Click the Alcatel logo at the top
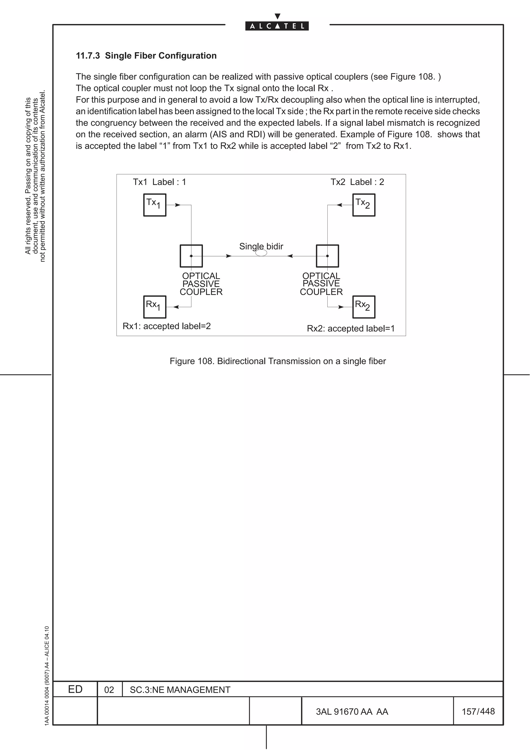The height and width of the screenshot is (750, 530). (277, 26)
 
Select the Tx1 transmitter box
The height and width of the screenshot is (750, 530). (155, 205)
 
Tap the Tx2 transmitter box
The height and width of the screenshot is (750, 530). (364, 205)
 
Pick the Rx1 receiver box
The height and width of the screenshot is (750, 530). (155, 307)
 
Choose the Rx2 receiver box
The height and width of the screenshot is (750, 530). (364, 307)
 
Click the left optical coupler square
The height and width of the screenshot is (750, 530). (191, 256)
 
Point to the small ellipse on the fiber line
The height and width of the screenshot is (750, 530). (261, 253)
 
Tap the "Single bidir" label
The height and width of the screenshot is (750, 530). (261, 246)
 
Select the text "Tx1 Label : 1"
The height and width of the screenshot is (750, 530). (159, 182)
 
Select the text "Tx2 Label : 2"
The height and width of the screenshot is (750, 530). (357, 182)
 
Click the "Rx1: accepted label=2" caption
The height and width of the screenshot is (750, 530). (167, 326)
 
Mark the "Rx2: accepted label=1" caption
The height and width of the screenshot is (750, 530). (351, 328)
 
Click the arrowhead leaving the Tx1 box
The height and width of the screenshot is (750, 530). (177, 205)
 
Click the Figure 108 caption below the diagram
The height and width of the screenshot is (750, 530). (278, 361)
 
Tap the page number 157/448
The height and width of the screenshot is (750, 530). (478, 711)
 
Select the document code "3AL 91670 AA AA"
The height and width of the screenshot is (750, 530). (352, 711)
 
